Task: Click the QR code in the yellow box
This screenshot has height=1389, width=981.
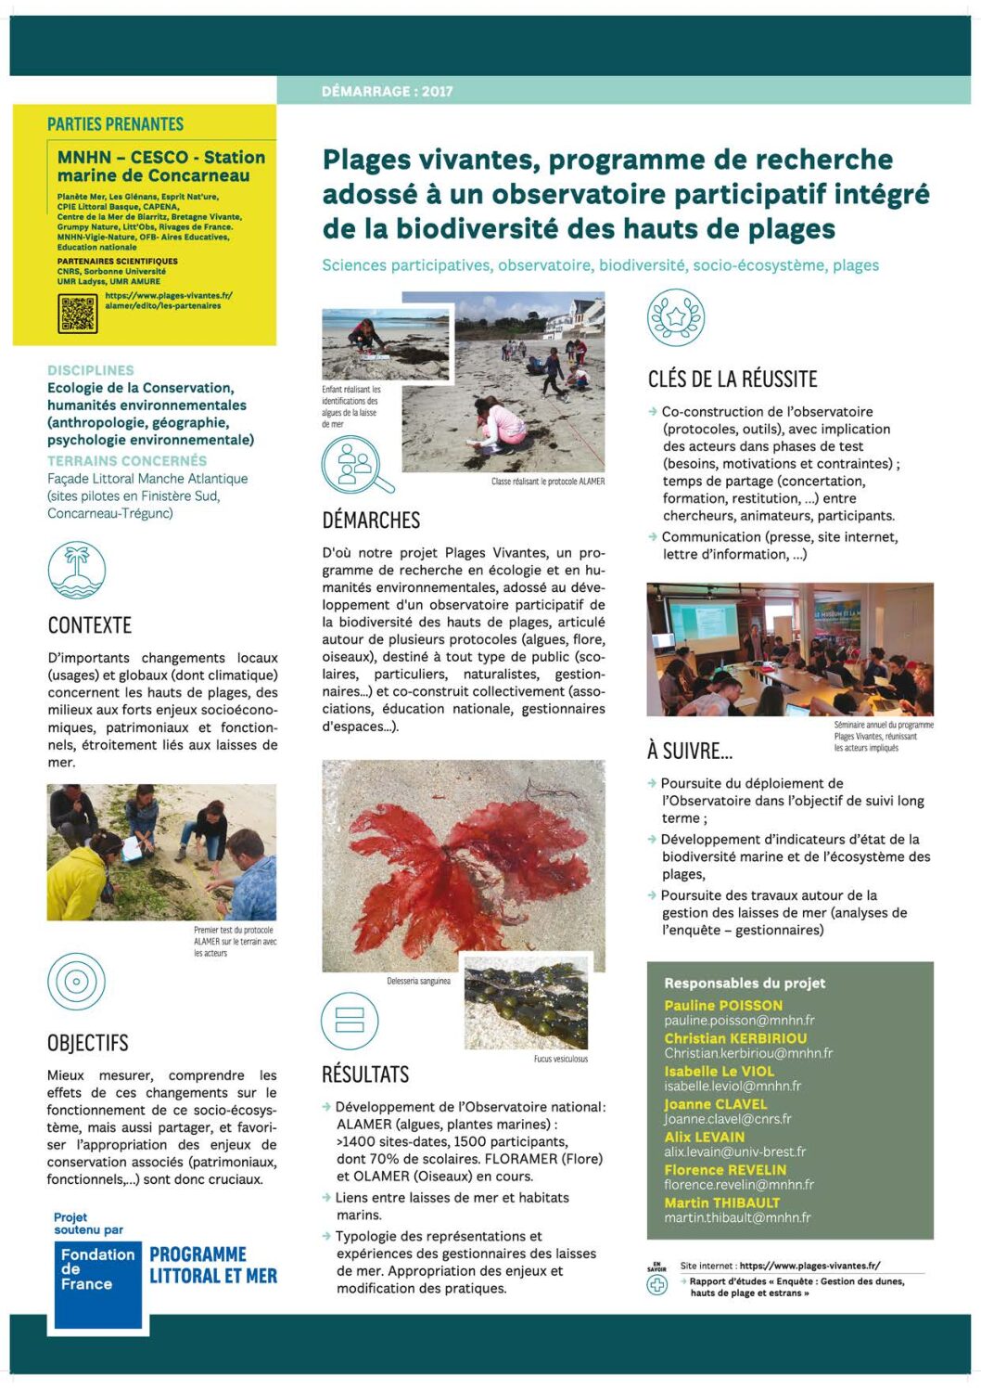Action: [78, 314]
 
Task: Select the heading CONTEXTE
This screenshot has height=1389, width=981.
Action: [90, 625]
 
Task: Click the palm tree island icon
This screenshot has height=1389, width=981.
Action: [77, 570]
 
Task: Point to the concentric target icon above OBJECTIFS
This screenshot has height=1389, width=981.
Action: [77, 981]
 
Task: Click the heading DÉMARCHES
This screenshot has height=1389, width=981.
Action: [371, 521]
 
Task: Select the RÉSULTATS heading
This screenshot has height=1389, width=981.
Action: [365, 1074]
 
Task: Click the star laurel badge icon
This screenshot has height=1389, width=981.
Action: [676, 317]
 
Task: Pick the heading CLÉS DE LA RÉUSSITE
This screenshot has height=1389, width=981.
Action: [733, 379]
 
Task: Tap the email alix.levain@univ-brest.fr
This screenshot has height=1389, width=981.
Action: [735, 1151]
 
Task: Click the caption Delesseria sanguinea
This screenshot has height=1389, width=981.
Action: [418, 981]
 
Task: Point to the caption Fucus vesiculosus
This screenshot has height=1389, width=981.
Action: [560, 1059]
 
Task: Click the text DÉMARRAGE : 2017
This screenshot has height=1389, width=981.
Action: [388, 91]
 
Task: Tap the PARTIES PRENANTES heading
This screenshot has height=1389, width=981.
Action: [116, 124]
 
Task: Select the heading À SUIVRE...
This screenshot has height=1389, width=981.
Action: [690, 751]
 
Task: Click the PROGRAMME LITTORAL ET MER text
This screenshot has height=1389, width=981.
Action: [213, 1266]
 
